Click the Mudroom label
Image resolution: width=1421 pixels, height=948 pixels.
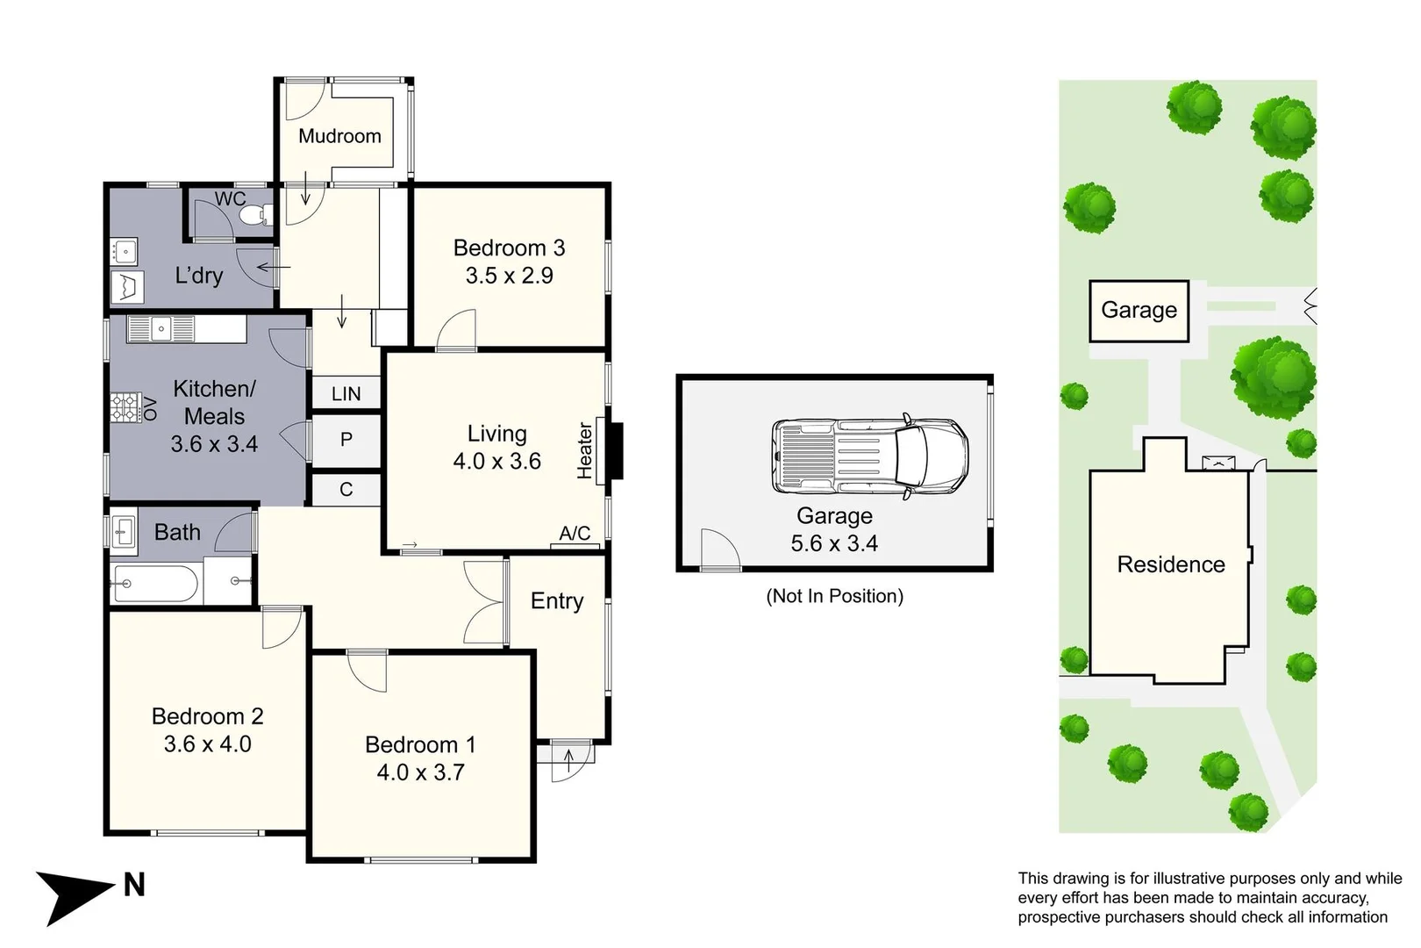[x=339, y=136]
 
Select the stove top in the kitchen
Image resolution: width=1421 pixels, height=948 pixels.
[x=125, y=407]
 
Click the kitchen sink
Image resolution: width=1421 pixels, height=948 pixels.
[x=161, y=329]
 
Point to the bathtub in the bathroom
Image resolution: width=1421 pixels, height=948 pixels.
[x=155, y=582]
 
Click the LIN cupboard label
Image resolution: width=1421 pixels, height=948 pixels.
[x=346, y=393]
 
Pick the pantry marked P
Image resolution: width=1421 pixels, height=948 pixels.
[x=346, y=440]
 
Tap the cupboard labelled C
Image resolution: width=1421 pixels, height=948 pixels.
[x=346, y=490]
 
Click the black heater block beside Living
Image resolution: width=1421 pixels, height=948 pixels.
[x=616, y=451]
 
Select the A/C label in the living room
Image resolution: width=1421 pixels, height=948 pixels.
[x=575, y=533]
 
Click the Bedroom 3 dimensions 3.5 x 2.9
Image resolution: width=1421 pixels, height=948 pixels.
[x=510, y=276]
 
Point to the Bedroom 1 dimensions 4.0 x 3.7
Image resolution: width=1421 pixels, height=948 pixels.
[x=420, y=772]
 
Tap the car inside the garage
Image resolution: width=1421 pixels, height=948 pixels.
[x=870, y=455]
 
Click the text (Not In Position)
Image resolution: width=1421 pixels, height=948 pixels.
[x=835, y=596]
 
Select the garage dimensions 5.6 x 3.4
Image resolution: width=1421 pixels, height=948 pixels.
[x=834, y=543]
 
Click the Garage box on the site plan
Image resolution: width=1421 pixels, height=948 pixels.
[x=1139, y=311]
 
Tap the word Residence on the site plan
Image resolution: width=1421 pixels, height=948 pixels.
[x=1171, y=564]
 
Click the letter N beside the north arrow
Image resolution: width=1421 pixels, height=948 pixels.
[x=134, y=885]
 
